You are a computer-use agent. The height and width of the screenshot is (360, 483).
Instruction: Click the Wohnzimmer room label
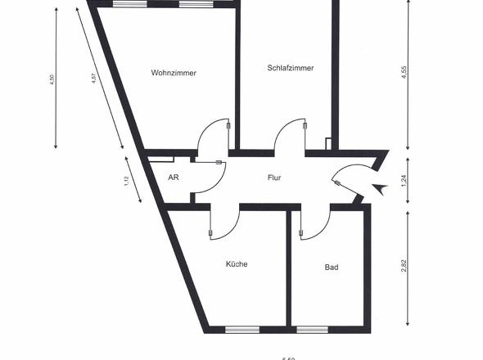pos(174,73)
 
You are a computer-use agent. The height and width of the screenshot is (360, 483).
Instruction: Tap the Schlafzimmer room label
pos(291,68)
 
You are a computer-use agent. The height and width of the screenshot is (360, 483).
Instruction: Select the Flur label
pos(274,177)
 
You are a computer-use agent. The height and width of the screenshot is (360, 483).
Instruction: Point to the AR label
pos(173,177)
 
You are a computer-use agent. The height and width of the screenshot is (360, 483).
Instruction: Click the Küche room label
pos(237,264)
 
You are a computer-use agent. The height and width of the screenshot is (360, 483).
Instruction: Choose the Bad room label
pos(332,267)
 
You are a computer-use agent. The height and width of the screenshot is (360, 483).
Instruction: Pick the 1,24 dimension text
pos(404,180)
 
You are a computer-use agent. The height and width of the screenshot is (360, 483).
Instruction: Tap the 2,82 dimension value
pos(404,267)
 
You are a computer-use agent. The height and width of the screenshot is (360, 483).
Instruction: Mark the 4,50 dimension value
pos(52,83)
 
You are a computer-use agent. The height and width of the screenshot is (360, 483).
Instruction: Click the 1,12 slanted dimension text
pos(127,182)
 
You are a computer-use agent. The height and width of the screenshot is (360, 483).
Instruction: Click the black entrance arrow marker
pos(379,189)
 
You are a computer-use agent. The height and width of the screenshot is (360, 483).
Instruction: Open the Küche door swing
pos(225,223)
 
